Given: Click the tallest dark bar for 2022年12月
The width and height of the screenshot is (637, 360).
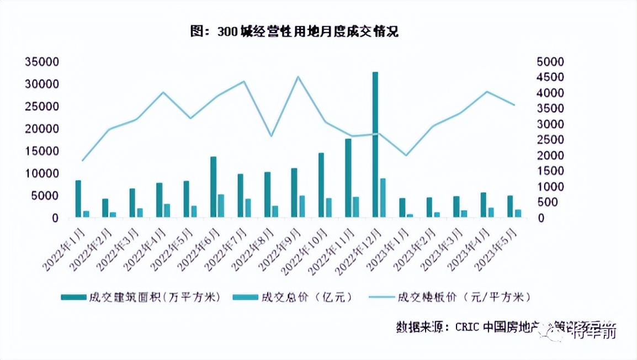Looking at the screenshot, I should tap(375, 145).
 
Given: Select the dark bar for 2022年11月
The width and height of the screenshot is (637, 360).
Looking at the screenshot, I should tap(348, 178).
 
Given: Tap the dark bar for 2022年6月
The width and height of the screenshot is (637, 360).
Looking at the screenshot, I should tap(213, 187).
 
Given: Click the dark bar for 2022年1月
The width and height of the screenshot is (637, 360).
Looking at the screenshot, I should tap(78, 199).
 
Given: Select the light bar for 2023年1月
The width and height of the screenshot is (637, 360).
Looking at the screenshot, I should tap(410, 216).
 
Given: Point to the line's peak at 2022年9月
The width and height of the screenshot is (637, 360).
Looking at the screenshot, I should tap(298, 77).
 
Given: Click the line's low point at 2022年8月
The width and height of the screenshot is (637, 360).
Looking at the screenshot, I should tap(270, 136).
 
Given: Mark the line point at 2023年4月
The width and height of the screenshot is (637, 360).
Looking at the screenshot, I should tap(486, 92).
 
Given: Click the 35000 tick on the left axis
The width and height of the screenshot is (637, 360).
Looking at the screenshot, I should tap(42, 62).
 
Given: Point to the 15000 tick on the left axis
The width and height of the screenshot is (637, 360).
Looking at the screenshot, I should tap(42, 151).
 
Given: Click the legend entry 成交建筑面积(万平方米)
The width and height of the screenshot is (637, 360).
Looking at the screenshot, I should tap(140, 298).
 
